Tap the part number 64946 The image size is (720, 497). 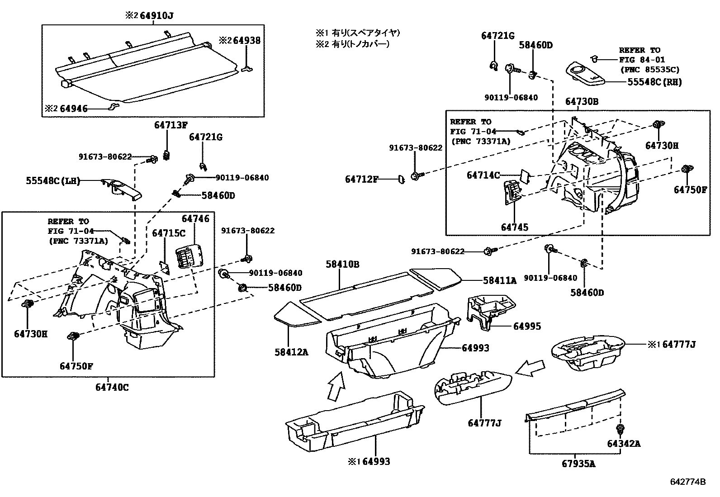tap(74, 109)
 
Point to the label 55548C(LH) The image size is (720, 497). tap(52, 181)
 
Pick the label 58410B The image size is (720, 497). tap(342, 264)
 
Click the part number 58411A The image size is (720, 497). tap(499, 280)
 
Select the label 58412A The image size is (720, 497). tap(291, 351)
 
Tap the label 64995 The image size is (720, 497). tap(526, 326)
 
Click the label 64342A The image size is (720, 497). tap(624, 444)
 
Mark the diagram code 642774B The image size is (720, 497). tap(687, 482)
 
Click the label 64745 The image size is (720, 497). tap(514, 227)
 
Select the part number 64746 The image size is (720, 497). tap(195, 219)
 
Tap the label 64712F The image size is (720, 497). tap(361, 180)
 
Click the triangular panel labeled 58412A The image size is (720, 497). tap(296, 314)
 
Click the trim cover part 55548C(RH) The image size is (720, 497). tap(586, 73)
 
